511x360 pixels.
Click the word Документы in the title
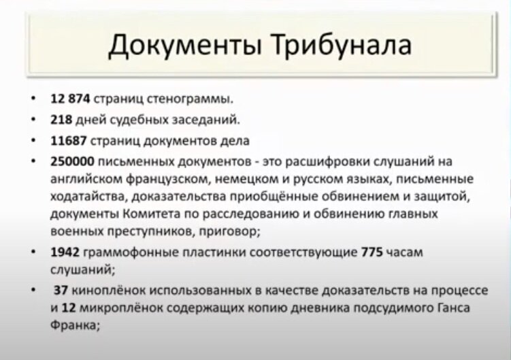[184, 46]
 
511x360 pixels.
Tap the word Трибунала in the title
[341, 46]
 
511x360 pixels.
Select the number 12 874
[70, 99]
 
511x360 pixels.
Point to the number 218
[61, 120]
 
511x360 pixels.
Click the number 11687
[69, 141]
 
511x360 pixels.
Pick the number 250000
[72, 161]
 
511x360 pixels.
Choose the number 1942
[65, 252]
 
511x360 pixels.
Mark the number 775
[372, 252]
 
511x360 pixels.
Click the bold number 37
[61, 290]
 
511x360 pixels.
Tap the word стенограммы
[190, 99]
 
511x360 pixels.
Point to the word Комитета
[152, 214]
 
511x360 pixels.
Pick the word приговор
[229, 231]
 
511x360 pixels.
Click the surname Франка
[75, 325]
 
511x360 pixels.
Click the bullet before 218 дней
[33, 119]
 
